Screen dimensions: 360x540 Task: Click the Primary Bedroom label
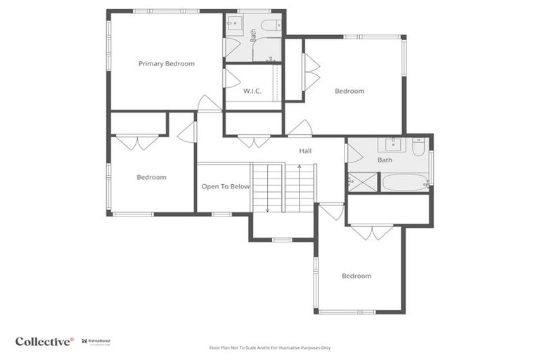tap(166, 64)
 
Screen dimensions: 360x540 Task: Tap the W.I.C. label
tap(252, 91)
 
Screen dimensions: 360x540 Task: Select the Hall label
tap(305, 150)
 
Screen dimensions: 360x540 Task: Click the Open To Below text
tap(226, 186)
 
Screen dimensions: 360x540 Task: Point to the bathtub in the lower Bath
tap(404, 183)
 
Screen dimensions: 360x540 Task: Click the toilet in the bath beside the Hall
tap(418, 147)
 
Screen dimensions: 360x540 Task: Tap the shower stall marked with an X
tap(362, 182)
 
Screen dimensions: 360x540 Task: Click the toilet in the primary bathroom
tap(270, 25)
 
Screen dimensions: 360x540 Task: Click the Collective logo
tap(44, 341)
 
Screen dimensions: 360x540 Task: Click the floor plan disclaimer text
tap(270, 347)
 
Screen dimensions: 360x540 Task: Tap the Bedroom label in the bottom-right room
tap(356, 276)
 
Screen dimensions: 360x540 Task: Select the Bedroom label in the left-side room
tap(151, 177)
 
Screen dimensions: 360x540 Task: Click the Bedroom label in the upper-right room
tap(349, 91)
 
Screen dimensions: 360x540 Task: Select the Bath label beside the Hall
tap(385, 160)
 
